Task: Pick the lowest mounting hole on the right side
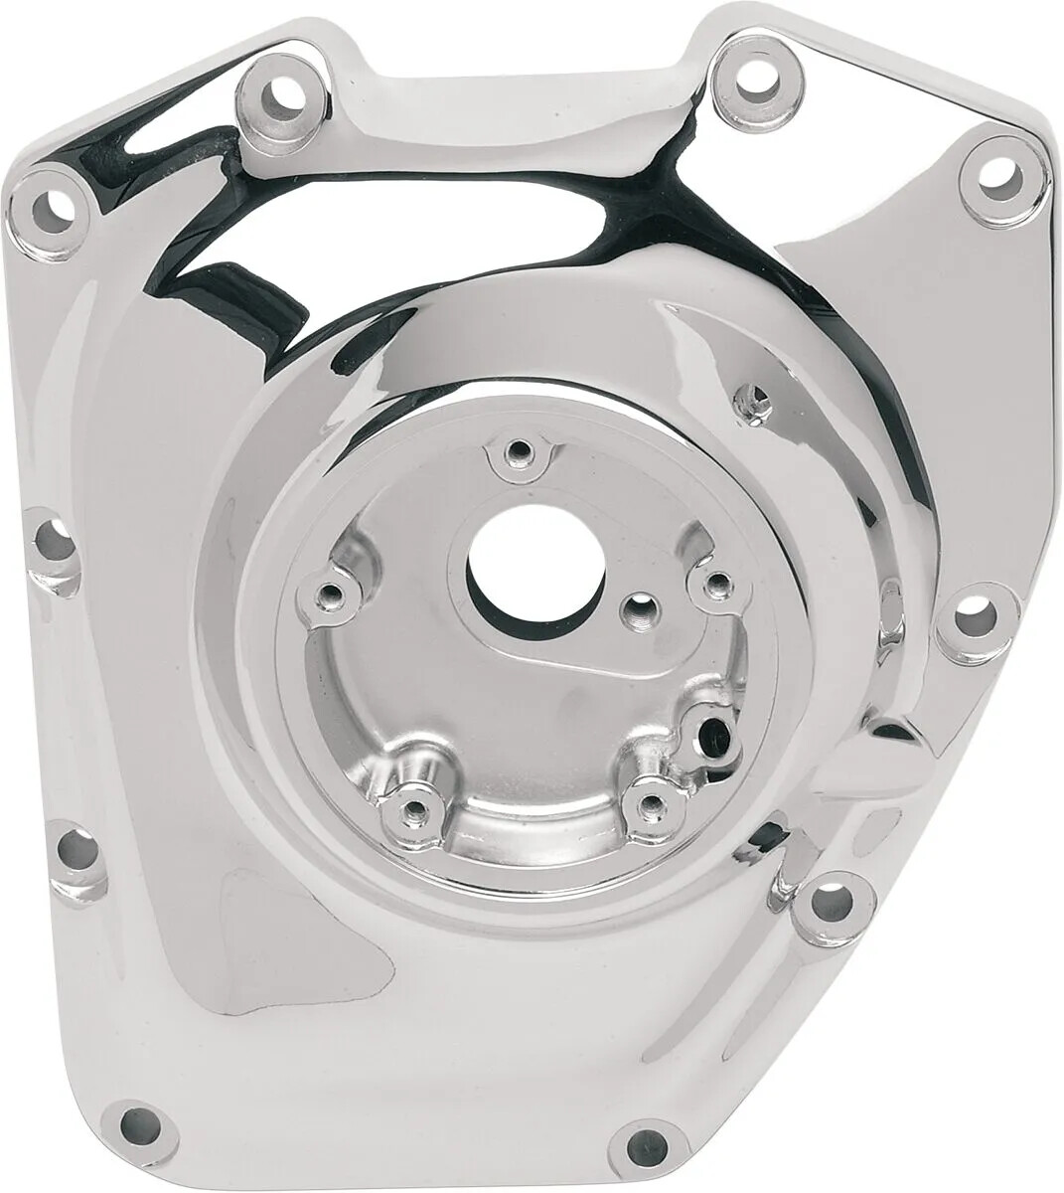click(x=829, y=901)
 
